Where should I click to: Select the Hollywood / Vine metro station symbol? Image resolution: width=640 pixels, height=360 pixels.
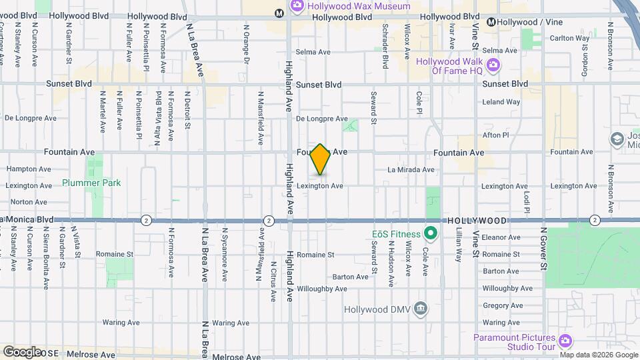(492, 22)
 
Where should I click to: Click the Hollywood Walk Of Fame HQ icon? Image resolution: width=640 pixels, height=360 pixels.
(493, 65)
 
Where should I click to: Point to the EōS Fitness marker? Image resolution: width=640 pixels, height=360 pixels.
(431, 234)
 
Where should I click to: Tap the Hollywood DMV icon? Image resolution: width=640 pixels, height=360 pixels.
(421, 309)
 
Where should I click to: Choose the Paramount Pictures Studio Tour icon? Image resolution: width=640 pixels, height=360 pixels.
(566, 341)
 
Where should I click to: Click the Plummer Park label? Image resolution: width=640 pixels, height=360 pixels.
(91, 183)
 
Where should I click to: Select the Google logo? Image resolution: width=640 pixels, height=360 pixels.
(23, 352)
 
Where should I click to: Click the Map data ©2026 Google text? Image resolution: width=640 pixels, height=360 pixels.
(599, 355)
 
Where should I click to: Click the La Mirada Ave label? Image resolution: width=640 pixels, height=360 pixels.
(411, 170)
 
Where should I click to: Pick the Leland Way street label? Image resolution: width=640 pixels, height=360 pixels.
(501, 102)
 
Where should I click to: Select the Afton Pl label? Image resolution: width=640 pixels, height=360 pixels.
(495, 135)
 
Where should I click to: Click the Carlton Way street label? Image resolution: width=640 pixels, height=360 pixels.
(569, 38)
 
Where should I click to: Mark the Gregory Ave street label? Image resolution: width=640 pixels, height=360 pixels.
(502, 305)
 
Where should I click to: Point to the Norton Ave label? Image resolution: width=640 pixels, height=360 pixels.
(27, 201)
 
